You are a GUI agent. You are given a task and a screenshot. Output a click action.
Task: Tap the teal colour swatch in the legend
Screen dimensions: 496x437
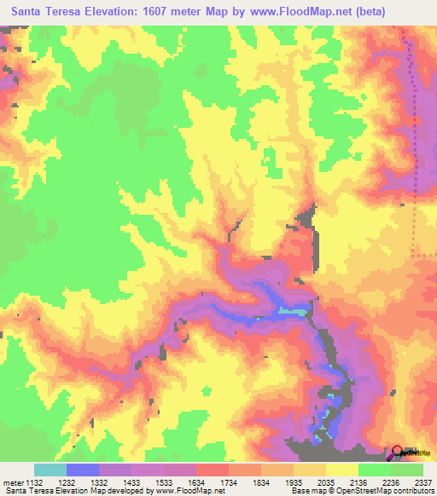[x=50, y=470]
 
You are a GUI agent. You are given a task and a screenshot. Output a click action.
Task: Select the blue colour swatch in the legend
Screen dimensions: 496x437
[x=83, y=470]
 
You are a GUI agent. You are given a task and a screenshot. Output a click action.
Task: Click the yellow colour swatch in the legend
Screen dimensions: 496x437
[x=342, y=470]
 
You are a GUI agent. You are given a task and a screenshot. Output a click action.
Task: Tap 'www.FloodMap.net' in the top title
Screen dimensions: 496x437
[x=289, y=12]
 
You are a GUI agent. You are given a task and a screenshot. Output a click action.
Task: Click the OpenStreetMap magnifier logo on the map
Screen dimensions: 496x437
[x=399, y=453]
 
